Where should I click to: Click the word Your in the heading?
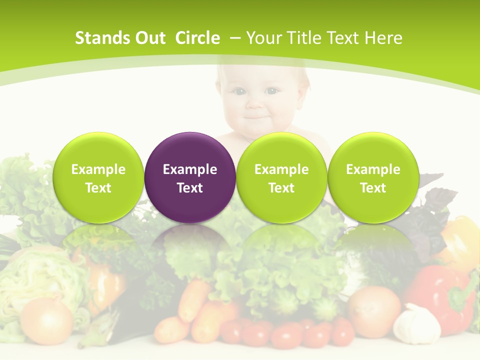point(262,38)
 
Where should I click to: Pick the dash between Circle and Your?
point(234,38)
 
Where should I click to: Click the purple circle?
point(190,177)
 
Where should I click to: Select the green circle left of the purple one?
point(98,177)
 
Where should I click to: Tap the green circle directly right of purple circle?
point(281,177)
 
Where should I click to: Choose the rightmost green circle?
point(373,177)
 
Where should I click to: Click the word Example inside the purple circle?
point(190,169)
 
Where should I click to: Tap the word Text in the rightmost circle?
point(373,188)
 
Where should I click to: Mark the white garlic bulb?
point(416,323)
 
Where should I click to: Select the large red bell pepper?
point(440,295)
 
